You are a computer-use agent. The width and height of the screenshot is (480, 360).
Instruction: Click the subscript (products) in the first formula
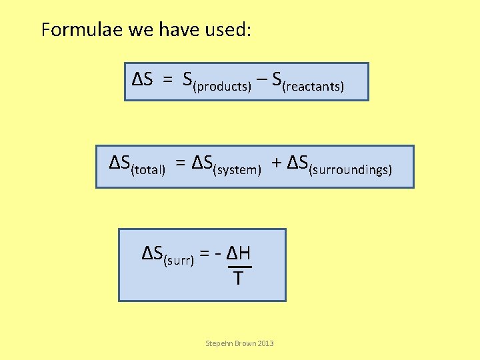tap(222, 87)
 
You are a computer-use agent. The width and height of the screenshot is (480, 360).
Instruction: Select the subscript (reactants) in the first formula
tap(314, 87)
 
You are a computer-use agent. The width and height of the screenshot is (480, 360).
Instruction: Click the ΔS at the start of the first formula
tap(143, 80)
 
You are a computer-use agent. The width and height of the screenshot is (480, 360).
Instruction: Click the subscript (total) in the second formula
tap(148, 170)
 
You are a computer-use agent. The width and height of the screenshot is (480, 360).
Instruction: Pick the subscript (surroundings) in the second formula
tap(351, 170)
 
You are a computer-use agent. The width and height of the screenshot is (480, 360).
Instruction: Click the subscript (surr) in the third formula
tap(179, 260)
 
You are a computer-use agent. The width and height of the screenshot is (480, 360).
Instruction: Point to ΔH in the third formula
tap(238, 253)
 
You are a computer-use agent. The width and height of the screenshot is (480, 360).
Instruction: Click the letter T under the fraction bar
tap(238, 277)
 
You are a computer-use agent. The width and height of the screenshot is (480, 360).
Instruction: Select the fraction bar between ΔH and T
tap(238, 267)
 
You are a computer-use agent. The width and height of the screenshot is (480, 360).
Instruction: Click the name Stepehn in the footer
tap(219, 343)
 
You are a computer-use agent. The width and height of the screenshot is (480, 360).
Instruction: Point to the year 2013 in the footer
tap(265, 343)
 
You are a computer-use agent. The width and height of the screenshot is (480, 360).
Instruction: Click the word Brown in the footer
tap(244, 343)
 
